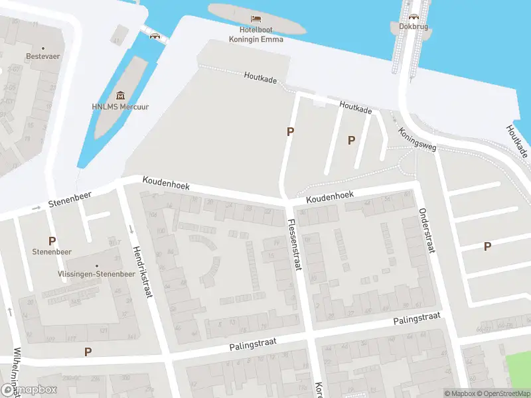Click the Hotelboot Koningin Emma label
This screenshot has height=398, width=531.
[256, 34]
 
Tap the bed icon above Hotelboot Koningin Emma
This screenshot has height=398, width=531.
[256, 19]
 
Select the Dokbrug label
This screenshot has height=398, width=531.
[414, 27]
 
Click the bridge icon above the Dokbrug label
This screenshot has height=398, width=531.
[414, 17]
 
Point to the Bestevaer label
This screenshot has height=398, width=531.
[43, 56]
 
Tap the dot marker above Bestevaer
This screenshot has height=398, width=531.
[43, 48]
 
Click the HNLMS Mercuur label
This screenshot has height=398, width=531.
[120, 106]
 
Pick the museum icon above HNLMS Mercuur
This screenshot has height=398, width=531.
[120, 96]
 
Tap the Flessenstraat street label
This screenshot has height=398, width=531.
[294, 245]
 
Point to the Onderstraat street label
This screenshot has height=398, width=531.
[425, 231]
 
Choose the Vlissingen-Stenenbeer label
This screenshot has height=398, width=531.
[96, 273]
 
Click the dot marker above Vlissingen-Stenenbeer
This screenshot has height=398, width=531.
[96, 265]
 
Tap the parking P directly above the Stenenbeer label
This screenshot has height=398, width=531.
[51, 241]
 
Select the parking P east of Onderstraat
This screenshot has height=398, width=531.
[487, 246]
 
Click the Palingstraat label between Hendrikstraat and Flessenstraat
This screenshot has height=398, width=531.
[252, 343]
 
